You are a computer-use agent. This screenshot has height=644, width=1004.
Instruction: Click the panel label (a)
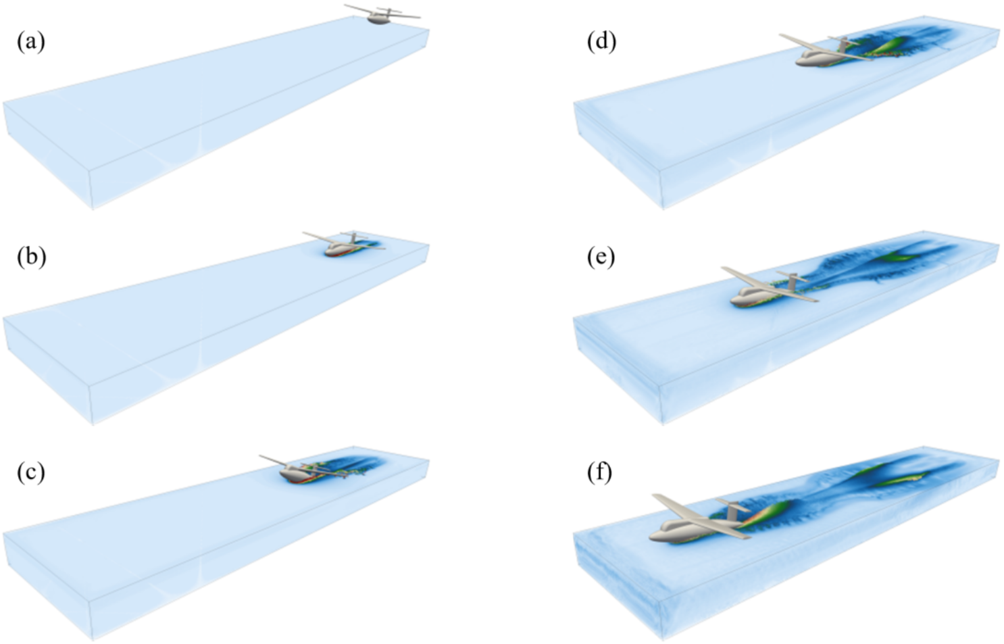click(31, 42)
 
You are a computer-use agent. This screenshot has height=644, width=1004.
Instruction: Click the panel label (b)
click(31, 257)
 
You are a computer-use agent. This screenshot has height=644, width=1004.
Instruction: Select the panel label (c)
click(31, 472)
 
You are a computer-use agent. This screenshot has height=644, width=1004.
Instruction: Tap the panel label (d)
click(601, 42)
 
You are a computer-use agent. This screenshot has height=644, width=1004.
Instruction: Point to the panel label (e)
click(601, 257)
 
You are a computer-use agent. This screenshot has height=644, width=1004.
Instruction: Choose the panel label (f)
click(600, 472)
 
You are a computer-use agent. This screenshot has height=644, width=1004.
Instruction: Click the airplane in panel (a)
click(380, 16)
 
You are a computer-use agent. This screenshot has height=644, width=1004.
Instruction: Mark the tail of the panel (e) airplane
click(793, 277)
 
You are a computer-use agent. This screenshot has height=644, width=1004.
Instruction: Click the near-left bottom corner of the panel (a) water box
click(92, 207)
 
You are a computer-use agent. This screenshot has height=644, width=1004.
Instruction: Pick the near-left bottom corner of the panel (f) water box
click(663, 638)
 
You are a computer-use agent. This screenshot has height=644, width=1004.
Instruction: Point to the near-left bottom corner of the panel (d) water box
click(663, 207)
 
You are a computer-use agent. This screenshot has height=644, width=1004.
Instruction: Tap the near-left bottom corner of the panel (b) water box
click(92, 423)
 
